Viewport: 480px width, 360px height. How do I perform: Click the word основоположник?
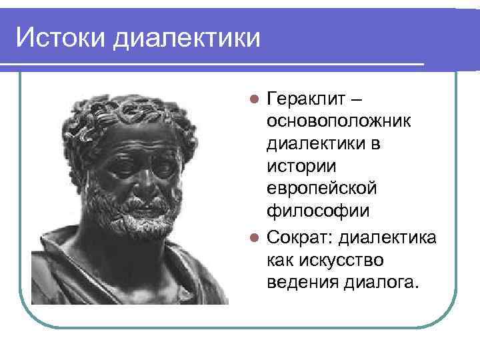click(339, 122)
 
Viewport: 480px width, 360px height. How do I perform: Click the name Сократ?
click(296, 235)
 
